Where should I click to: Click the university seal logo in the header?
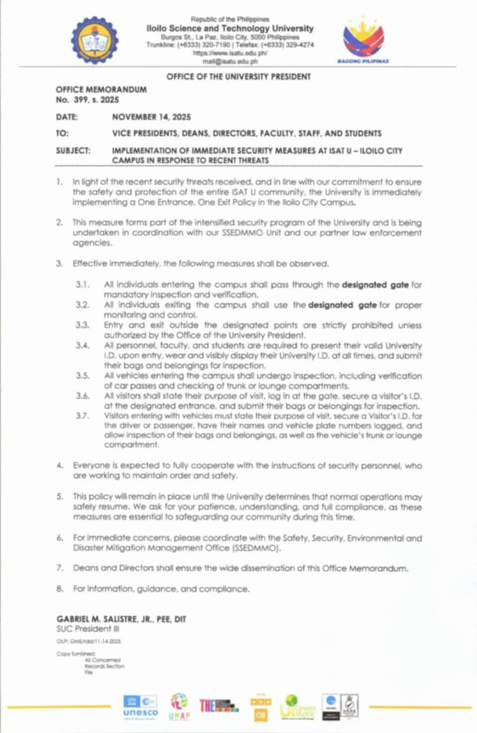click(96, 40)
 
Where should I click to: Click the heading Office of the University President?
click(238, 76)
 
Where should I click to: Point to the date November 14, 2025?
click(151, 116)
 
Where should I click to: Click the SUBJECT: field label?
click(74, 150)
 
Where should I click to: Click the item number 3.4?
click(84, 346)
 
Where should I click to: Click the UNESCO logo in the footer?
click(139, 707)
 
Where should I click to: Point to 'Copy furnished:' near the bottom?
click(74, 654)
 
